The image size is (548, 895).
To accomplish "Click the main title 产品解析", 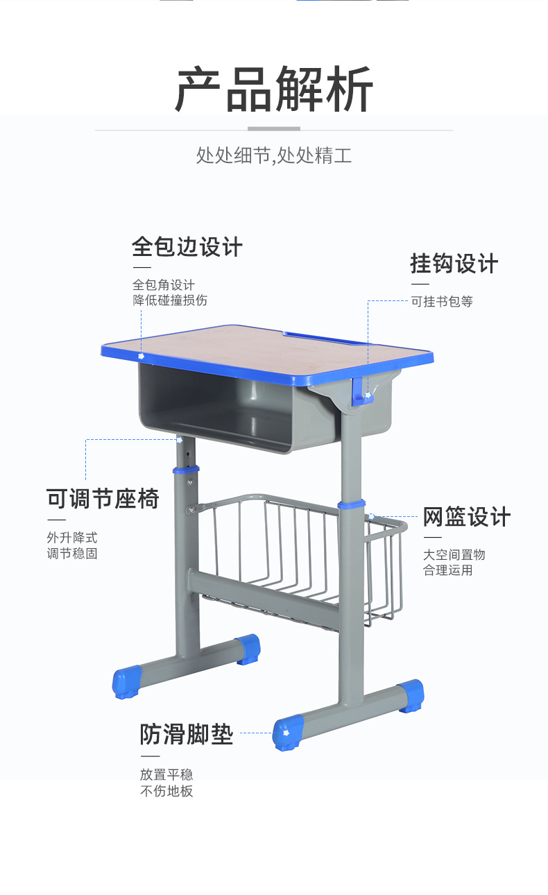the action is click(x=274, y=89).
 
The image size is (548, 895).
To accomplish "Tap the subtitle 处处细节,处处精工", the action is click(x=274, y=155).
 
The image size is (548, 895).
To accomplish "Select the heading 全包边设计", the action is click(x=187, y=246).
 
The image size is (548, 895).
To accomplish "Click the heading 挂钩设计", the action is click(x=454, y=264).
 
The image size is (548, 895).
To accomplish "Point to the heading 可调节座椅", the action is click(x=103, y=498).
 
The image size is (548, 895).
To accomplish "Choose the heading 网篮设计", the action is click(x=467, y=517).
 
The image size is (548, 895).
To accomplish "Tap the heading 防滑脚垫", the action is click(x=186, y=734).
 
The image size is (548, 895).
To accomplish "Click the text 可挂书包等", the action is click(x=442, y=301).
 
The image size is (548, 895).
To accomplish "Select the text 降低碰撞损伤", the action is click(x=170, y=300).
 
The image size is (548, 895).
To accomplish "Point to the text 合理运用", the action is click(x=447, y=570).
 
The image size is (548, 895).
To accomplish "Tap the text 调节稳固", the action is click(x=72, y=554).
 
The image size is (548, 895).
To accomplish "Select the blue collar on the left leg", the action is click(x=186, y=470).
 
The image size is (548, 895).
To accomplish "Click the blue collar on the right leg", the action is click(x=352, y=504).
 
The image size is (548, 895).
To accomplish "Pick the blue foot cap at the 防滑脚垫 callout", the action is click(x=288, y=733).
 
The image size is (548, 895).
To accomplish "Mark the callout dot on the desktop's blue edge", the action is click(x=141, y=356).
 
